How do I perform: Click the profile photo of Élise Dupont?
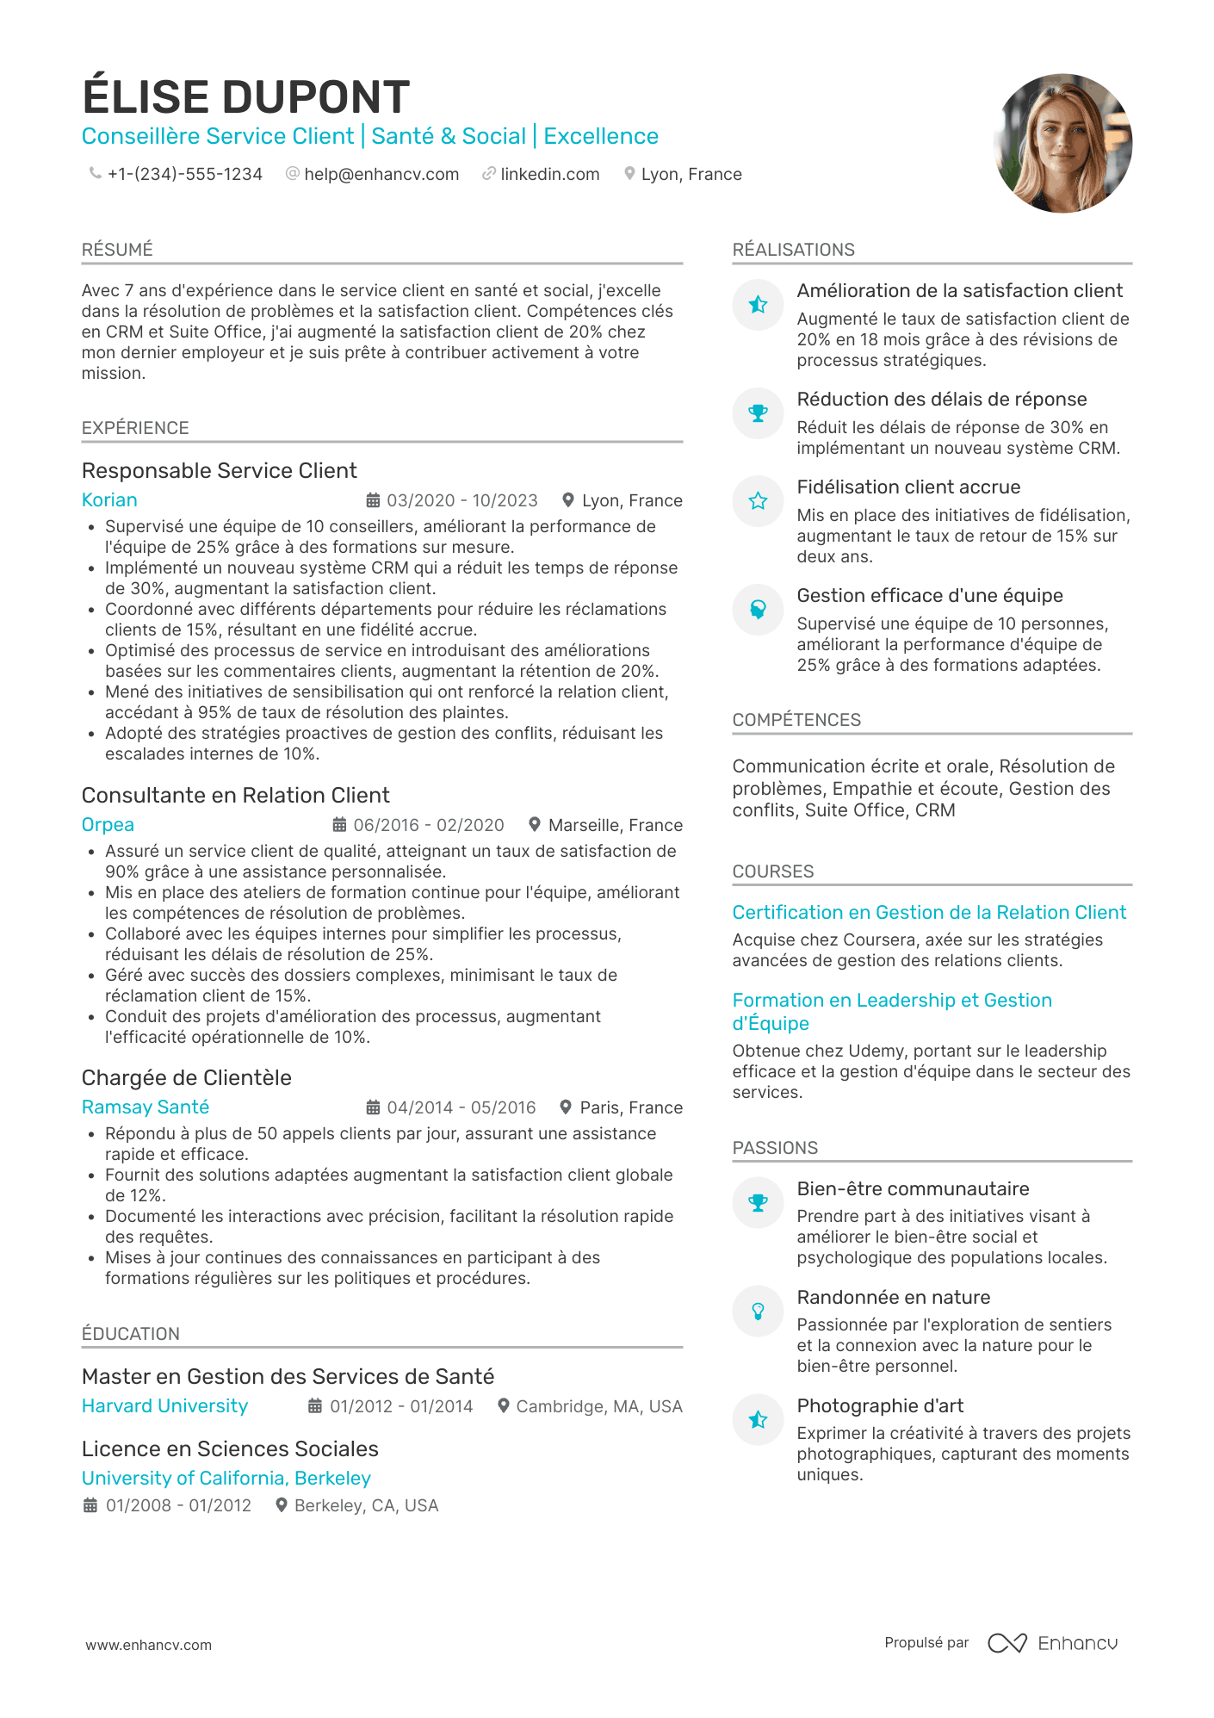tap(1062, 143)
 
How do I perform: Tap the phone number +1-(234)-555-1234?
tap(184, 175)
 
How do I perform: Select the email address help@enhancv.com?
tap(381, 175)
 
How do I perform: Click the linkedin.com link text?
tap(549, 175)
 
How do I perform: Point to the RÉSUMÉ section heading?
tap(117, 250)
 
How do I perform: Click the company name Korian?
tap(109, 500)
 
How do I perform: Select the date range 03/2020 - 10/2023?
tap(461, 501)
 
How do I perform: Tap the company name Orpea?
tap(108, 825)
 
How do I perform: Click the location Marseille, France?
tap(615, 826)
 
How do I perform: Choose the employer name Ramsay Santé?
tap(146, 1107)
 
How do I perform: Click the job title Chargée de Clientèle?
tap(186, 1078)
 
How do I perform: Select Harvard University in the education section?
tap(164, 1406)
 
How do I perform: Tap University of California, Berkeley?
tap(226, 1479)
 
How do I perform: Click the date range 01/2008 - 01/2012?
tap(178, 1506)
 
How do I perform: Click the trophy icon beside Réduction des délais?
tap(758, 413)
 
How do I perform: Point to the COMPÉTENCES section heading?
tap(796, 720)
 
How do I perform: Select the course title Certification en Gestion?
tap(929, 913)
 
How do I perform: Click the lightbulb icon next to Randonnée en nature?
tap(758, 1312)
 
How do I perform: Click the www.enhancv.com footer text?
tap(148, 1645)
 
